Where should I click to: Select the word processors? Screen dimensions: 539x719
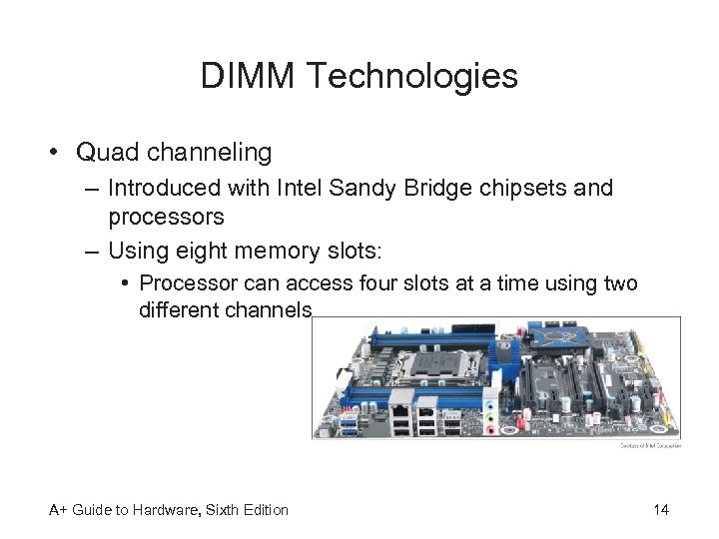coord(166,217)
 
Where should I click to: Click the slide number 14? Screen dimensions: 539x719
coord(661,510)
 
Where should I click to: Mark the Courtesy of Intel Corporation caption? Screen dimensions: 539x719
coord(650,445)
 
